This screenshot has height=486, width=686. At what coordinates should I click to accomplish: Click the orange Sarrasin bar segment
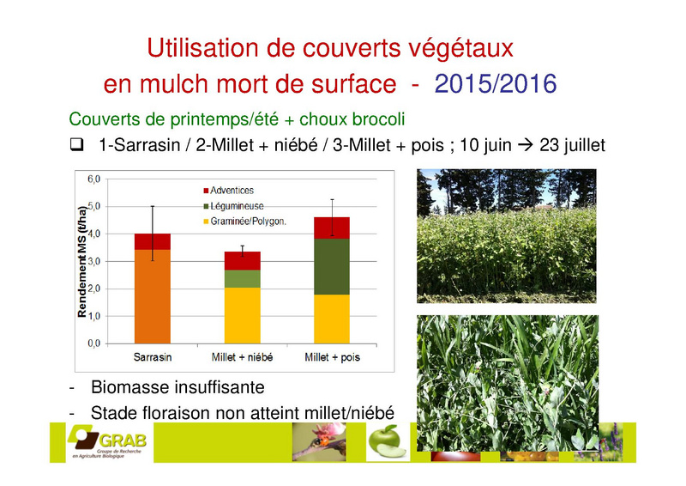tap(153, 296)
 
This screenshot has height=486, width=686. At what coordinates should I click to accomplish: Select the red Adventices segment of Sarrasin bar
tap(153, 242)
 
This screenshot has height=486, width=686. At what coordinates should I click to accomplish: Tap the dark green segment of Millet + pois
tap(332, 266)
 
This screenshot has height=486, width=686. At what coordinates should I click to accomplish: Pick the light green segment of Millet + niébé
tap(243, 279)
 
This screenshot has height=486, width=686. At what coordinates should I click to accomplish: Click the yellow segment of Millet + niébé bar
tap(243, 315)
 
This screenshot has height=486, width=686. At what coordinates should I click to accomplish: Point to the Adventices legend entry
tap(228, 191)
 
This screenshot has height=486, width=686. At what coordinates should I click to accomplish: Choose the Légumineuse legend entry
tap(233, 206)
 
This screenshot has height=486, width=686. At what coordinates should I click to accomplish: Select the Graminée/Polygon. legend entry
tap(244, 222)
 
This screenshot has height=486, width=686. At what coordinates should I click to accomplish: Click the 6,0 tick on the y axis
tap(94, 179)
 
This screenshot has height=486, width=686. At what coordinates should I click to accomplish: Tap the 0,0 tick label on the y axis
tap(94, 343)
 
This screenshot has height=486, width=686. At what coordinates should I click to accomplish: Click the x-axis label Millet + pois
tap(332, 357)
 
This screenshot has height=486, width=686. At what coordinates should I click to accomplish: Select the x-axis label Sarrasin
tap(153, 357)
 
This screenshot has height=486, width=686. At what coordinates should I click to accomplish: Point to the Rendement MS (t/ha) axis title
tap(81, 261)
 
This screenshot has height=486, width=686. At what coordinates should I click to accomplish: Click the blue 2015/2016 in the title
tap(496, 83)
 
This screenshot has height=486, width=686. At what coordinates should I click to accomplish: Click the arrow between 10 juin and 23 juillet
tap(526, 145)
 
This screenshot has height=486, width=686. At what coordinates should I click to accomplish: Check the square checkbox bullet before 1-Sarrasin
tap(76, 144)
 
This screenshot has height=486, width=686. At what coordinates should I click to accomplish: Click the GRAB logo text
tap(123, 440)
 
